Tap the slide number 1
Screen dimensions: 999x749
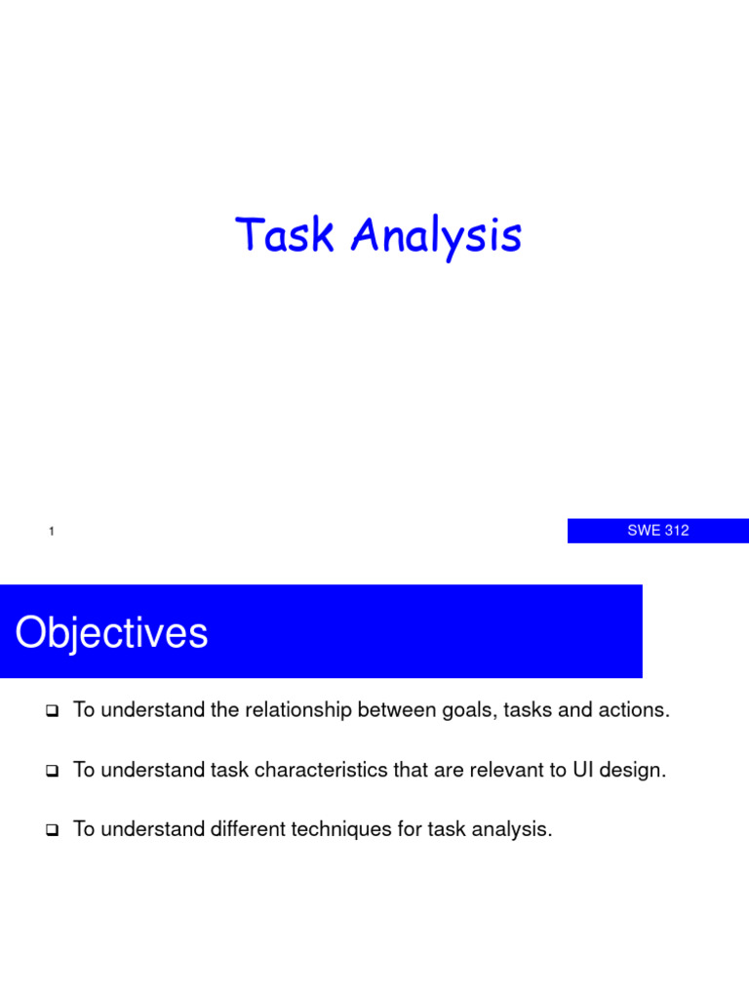(50, 532)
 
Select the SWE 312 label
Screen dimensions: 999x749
(657, 531)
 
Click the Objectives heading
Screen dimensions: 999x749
(111, 633)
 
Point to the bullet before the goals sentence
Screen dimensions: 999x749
(52, 711)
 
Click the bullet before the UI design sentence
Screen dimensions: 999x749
(52, 772)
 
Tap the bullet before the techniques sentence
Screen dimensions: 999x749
(52, 832)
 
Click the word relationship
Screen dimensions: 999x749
(296, 710)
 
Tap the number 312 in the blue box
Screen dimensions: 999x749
(676, 531)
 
